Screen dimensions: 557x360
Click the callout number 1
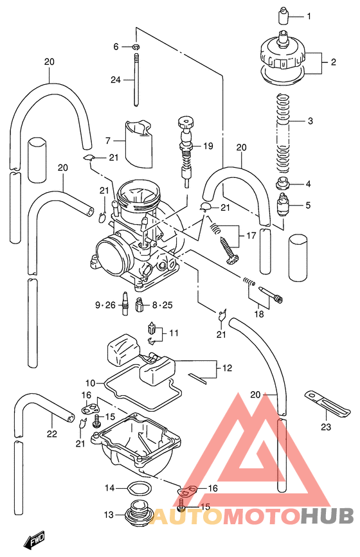click(308, 16)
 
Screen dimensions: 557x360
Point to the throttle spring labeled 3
click(281, 128)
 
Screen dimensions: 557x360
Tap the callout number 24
click(116, 80)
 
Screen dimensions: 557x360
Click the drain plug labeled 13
click(138, 514)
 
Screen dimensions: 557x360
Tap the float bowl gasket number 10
click(91, 383)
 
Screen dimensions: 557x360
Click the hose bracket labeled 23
click(327, 403)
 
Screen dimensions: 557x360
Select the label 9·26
click(105, 305)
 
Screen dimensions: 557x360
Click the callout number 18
click(259, 314)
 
